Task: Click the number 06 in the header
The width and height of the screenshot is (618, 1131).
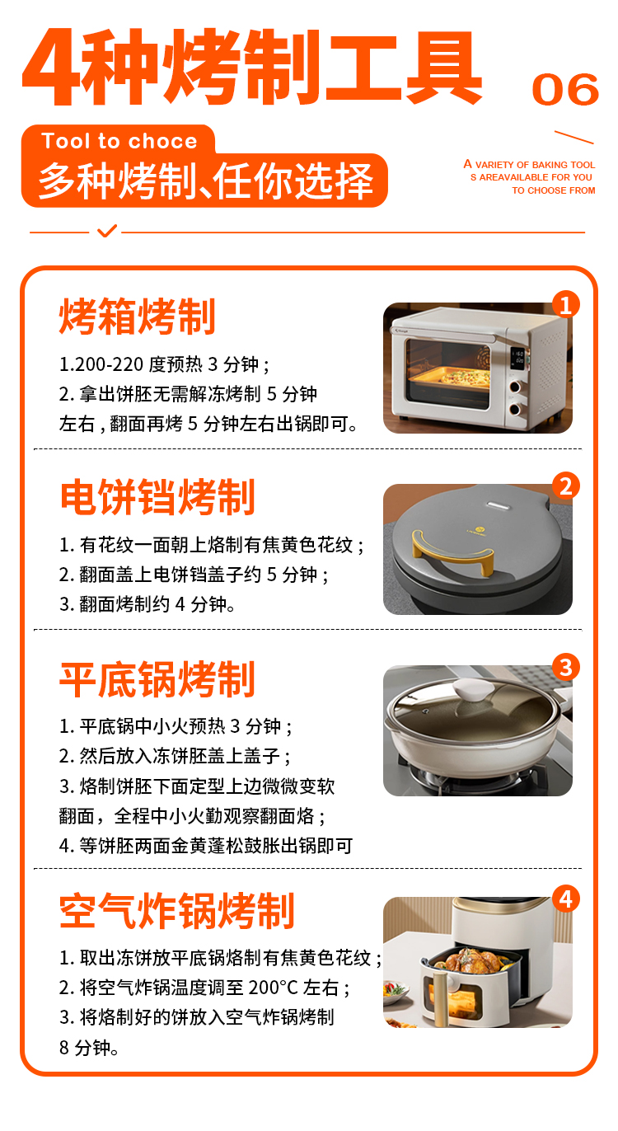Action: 565,89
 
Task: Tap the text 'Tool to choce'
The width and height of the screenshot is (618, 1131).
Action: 119,141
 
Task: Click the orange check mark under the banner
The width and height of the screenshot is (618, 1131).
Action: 107,231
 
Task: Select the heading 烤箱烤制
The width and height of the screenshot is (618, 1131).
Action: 138,317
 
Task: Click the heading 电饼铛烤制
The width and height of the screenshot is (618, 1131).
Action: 157,498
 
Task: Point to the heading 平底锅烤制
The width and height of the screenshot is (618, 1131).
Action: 157,679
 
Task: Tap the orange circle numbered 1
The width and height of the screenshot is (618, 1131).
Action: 565,304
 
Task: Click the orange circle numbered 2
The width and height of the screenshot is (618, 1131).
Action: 565,486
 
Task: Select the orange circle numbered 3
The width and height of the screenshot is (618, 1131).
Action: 565,667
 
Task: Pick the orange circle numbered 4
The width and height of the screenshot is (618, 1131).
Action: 565,899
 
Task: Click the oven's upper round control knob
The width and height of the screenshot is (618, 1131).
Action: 514,387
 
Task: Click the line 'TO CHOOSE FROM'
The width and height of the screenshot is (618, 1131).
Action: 554,190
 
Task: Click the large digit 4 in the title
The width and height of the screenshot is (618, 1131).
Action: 51,66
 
